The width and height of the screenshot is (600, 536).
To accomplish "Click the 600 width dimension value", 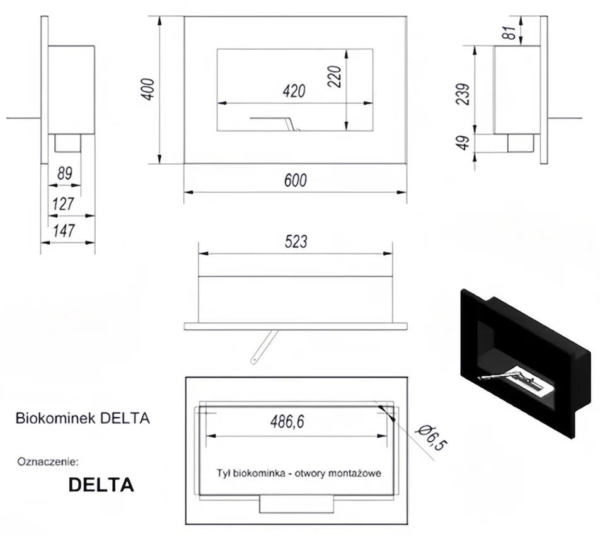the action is coord(296,181).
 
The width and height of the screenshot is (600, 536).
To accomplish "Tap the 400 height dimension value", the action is coord(147,89).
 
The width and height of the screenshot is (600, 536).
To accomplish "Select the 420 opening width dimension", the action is coord(294,91).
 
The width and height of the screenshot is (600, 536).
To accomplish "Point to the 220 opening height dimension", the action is coord(335,76).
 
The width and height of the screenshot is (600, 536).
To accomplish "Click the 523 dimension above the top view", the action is coord(296,242).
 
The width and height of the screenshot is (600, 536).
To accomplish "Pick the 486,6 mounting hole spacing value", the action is coord(287,422).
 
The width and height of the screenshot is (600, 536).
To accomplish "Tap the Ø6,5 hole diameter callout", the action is coord(432,438).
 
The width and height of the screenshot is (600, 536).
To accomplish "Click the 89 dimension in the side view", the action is coord(65,173).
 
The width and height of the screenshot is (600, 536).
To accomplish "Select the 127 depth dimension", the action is coord(63,204).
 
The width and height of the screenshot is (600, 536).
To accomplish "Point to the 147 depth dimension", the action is coord(64,231).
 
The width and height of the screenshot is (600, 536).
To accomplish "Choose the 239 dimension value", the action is coord(463,94).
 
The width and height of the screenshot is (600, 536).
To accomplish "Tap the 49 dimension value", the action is coord(463,143).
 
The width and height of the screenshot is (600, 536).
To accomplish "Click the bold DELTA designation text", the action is coord(101,485).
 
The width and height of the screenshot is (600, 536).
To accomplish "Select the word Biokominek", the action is coord(55,418).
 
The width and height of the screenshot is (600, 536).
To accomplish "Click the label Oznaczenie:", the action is coord(48,462).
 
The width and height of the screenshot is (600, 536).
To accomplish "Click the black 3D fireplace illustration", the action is coord(527,363).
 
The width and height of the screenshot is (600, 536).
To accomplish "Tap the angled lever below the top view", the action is coord(264,346).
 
